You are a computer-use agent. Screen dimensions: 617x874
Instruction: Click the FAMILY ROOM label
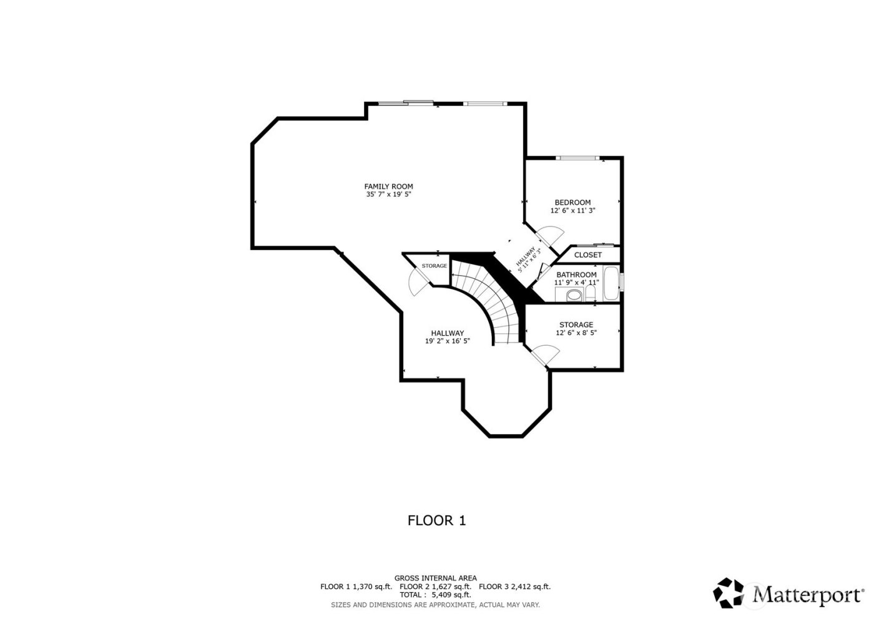[388, 186]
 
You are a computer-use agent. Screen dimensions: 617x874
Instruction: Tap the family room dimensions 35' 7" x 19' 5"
[388, 195]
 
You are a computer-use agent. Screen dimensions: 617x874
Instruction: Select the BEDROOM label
[572, 202]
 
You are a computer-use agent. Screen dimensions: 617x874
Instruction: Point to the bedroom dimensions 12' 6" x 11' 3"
[572, 211]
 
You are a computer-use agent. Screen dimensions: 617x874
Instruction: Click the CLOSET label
[587, 255]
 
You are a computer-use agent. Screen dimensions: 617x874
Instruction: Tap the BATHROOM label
[576, 274]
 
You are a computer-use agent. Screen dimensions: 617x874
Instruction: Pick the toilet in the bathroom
[590, 293]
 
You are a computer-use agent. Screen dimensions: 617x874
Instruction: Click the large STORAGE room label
[576, 324]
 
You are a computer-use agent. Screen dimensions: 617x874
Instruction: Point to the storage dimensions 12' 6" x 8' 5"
[576, 333]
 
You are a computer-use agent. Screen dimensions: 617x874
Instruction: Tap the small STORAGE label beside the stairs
[434, 266]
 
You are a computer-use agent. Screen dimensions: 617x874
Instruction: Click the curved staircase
[493, 299]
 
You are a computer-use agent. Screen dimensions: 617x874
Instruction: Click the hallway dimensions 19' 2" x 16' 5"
[447, 341]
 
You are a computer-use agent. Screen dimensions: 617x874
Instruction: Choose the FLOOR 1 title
[436, 520]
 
